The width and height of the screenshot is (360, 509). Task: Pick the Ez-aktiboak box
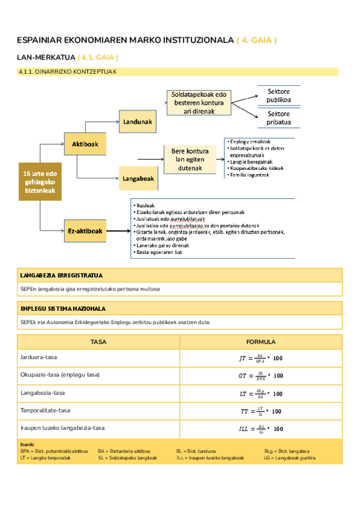click(85, 231)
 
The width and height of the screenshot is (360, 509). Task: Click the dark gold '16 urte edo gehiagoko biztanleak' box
click(40, 182)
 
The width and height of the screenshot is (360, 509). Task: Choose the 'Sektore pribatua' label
click(278, 118)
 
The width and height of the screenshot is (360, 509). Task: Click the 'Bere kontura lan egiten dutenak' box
click(190, 160)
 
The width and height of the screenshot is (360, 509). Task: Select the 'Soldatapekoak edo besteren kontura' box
click(198, 103)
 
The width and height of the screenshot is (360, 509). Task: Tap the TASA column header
click(98, 342)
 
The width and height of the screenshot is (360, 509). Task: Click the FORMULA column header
click(260, 342)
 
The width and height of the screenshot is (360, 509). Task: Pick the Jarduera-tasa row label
click(38, 357)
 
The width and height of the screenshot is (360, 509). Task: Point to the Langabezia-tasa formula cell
click(260, 394)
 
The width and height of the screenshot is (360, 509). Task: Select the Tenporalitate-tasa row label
click(45, 411)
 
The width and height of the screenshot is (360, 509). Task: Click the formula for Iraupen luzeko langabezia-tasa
click(260, 429)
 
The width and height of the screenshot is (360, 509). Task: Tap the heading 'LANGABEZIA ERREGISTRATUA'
click(61, 276)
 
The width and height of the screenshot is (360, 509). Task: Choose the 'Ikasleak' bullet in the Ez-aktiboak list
click(143, 205)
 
